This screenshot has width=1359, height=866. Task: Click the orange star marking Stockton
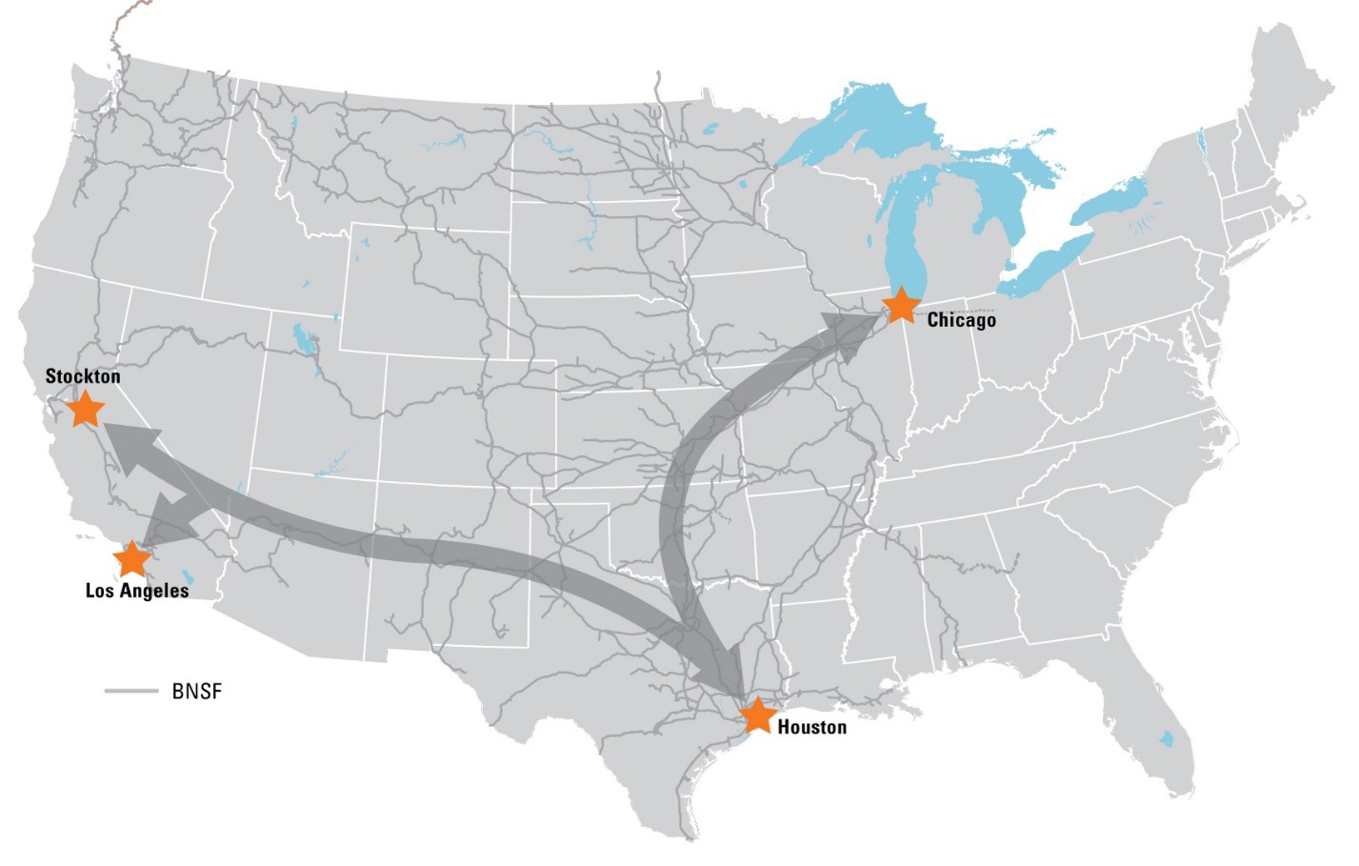click(86, 409)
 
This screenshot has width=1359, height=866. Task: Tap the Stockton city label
click(83, 376)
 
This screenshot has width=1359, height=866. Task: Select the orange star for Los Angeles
click(131, 558)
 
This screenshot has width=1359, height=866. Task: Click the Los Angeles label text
click(137, 591)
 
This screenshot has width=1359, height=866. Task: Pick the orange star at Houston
click(757, 715)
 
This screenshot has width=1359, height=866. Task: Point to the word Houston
click(811, 728)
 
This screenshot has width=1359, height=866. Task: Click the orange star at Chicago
click(900, 306)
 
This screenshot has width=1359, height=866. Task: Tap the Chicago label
click(961, 320)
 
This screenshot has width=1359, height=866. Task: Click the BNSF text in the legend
click(197, 692)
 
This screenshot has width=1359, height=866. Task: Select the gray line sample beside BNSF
click(131, 690)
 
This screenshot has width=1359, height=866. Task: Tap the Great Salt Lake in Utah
click(302, 339)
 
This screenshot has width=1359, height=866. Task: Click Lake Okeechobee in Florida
click(1167, 738)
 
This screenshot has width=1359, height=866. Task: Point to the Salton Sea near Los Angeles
click(187, 576)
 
